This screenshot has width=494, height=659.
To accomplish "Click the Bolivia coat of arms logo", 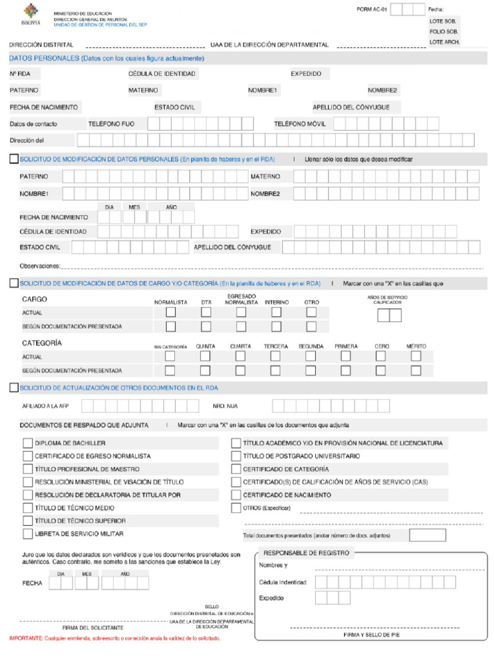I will point(30,14).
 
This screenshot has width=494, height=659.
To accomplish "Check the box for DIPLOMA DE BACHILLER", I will point(28,443).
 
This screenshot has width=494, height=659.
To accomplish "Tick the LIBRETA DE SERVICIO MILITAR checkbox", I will point(28,534).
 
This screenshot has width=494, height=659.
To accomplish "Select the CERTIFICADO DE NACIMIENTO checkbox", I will point(236,495).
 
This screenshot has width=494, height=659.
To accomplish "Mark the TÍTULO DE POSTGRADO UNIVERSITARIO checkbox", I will point(236,456).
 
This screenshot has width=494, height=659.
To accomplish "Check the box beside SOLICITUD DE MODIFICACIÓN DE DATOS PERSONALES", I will point(14,159).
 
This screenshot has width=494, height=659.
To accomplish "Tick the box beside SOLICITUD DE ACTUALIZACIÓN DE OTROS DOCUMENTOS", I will point(14,387).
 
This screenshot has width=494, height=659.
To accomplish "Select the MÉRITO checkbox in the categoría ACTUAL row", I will point(416,356).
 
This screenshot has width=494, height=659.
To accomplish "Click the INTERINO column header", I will point(277,302).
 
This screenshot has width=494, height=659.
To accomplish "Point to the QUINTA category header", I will point(205,346).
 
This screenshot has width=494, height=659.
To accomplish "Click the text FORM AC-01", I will point(371,9).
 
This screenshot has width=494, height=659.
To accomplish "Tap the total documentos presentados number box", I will point(427,535).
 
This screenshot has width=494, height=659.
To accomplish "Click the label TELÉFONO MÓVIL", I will point(299,124).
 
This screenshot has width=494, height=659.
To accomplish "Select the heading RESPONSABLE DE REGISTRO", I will point(306,553).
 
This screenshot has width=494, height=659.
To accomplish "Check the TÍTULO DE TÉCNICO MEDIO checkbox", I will point(28,508).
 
